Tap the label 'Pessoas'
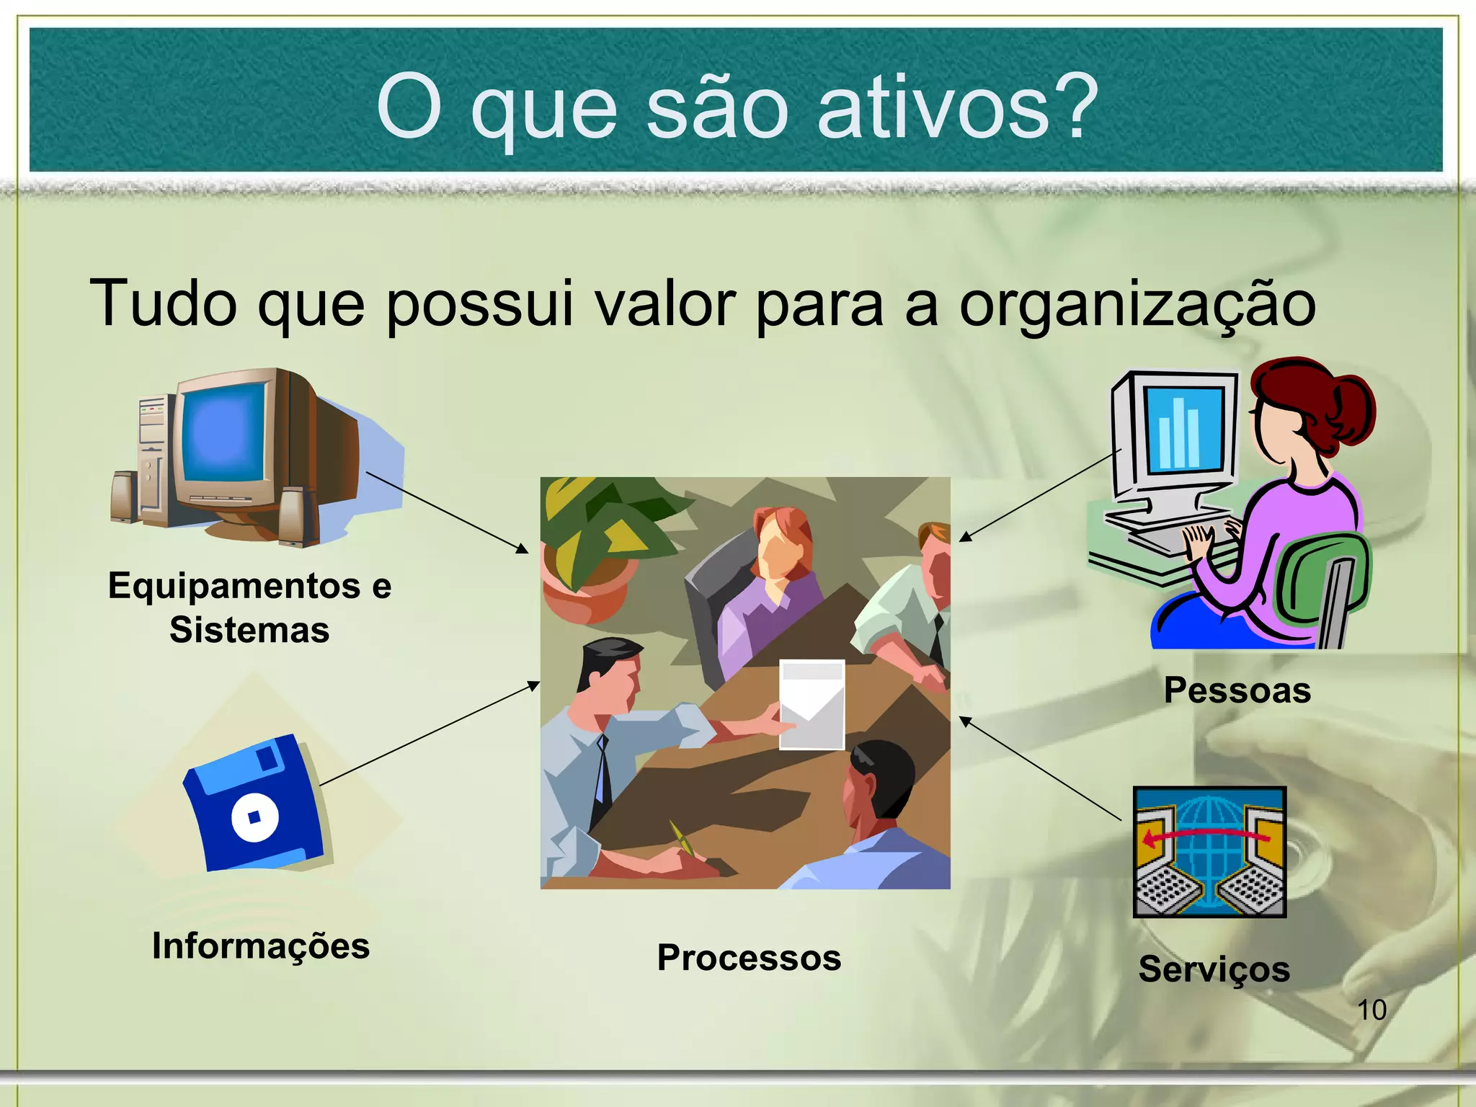(x=1237, y=690)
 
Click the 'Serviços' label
(x=1214, y=969)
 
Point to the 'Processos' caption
(x=749, y=958)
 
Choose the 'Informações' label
(x=260, y=946)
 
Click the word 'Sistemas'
(x=249, y=630)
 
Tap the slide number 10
(x=1371, y=1010)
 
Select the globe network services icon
(x=1209, y=851)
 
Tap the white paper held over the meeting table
(x=812, y=705)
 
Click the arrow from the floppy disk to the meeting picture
(x=430, y=733)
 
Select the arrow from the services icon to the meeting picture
(x=1040, y=769)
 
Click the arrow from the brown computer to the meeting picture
(x=447, y=512)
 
